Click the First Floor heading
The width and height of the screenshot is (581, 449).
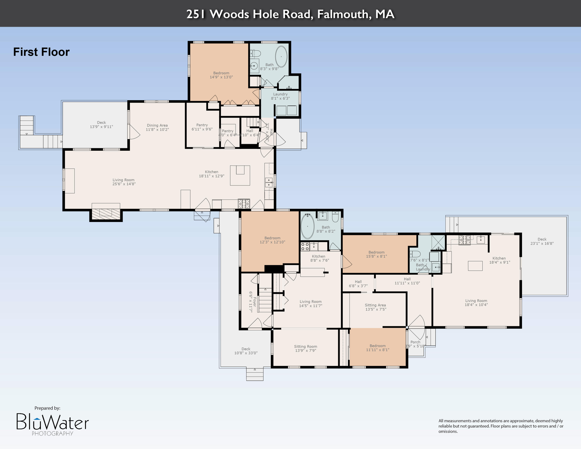click(x=41, y=52)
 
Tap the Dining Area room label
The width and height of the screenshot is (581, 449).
click(x=157, y=127)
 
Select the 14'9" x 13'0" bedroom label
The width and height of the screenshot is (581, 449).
click(x=221, y=75)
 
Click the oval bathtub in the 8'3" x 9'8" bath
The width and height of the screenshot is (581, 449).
click(x=281, y=56)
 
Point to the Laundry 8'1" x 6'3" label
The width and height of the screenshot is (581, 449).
click(x=280, y=96)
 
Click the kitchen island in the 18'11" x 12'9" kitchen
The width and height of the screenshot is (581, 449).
click(x=240, y=175)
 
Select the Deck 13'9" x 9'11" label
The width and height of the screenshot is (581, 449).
click(x=101, y=125)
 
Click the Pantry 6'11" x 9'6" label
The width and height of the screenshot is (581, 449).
click(x=202, y=127)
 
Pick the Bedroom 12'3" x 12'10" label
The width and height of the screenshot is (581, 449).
click(x=272, y=240)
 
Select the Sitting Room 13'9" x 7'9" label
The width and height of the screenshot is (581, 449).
click(x=305, y=348)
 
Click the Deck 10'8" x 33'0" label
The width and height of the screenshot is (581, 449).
click(x=246, y=351)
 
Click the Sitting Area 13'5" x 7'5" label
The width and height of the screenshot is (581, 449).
click(x=375, y=307)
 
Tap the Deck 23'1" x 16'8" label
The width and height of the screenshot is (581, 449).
click(x=542, y=241)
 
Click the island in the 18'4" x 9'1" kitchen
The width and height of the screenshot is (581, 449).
click(x=475, y=266)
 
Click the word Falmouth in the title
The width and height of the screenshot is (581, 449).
click(x=344, y=14)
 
